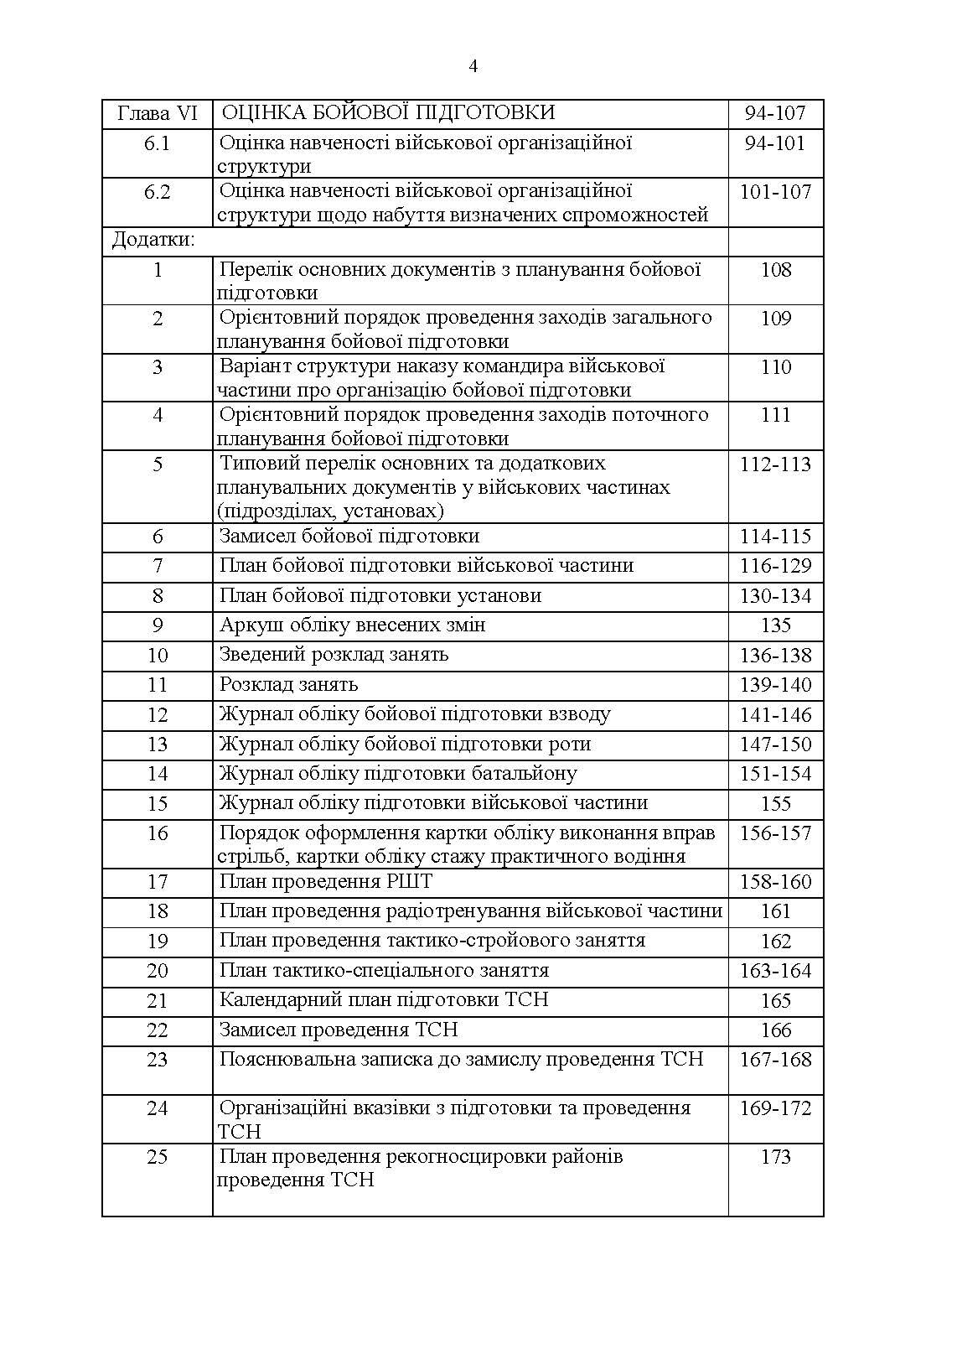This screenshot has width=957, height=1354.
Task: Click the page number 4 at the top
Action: coord(473,67)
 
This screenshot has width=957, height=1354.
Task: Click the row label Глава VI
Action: coord(158,113)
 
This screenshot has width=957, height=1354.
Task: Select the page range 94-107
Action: coord(775,113)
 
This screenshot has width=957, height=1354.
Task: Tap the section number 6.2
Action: coord(158,192)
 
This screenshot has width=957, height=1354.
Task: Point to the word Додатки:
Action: coord(153,241)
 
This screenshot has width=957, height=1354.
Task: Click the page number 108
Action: coord(775,270)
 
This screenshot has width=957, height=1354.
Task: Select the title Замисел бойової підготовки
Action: coord(349,537)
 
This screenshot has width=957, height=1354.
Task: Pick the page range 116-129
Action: coord(775,566)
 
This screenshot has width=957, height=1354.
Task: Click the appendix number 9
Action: coord(158,625)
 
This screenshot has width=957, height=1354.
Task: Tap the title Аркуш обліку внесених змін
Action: coord(352,625)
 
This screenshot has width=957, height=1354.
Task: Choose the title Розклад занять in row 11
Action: coord(288,685)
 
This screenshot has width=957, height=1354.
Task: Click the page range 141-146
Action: coord(775,715)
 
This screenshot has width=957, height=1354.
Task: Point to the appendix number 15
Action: coord(158,804)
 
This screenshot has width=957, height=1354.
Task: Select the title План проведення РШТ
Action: coord(325,882)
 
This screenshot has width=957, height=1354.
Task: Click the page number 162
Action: coord(775,942)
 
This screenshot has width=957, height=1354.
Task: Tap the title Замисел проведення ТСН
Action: coord(339,1030)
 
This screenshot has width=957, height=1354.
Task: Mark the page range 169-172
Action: coord(775,1108)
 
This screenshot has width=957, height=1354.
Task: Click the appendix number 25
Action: coord(158,1157)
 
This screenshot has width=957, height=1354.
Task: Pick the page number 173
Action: coord(775,1157)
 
